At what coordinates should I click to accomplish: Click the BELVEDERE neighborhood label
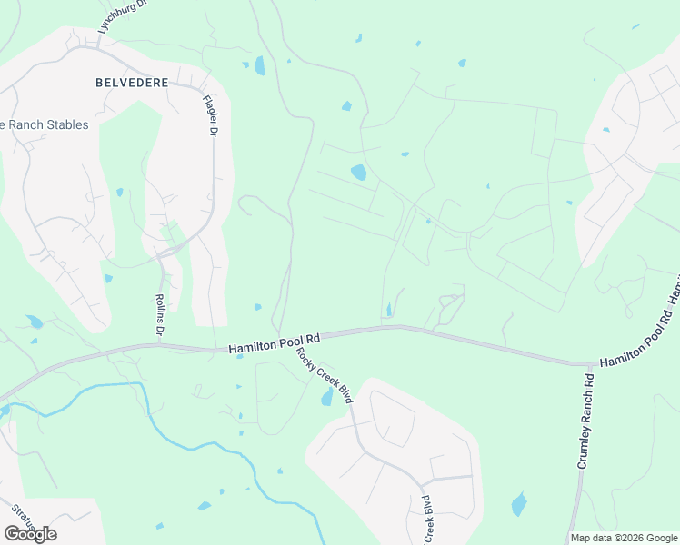(x=132, y=83)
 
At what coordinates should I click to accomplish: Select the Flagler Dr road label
(x=211, y=116)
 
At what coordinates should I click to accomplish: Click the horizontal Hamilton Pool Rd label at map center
(x=275, y=342)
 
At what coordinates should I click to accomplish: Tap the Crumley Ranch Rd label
(x=585, y=421)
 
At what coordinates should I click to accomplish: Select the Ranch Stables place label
(x=47, y=124)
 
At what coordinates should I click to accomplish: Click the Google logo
(x=30, y=533)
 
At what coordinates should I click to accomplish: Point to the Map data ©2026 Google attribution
(x=623, y=538)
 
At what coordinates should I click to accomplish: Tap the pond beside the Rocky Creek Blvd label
(x=326, y=398)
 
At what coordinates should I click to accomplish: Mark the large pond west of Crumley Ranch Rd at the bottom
(x=518, y=503)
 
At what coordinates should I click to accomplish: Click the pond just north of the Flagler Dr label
(x=260, y=65)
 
